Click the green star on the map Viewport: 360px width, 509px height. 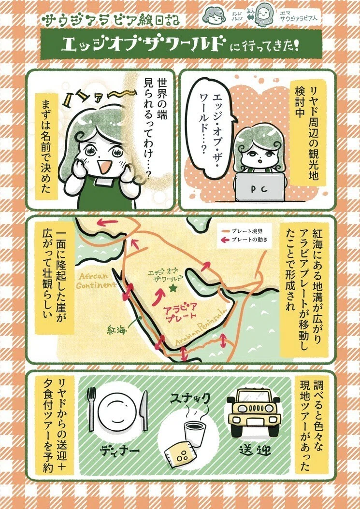[x=173, y=288]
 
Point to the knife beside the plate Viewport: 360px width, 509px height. [x=144, y=410]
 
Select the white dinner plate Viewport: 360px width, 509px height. [x=117, y=410]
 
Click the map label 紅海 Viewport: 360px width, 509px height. [x=116, y=331]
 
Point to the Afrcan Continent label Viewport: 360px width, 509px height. [x=96, y=281]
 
